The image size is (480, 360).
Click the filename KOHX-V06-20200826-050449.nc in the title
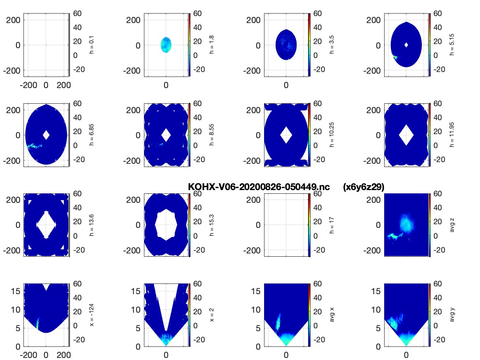259,187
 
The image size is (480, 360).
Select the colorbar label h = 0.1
92,45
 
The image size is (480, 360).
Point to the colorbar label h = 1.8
211,45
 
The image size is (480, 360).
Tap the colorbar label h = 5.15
452,45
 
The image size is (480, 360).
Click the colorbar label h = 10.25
332,135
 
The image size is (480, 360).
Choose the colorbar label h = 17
332,225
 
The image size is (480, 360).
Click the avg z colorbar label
452,225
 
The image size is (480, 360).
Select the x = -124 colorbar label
92,315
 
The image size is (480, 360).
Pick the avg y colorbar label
452,315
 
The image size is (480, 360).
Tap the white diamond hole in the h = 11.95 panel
406,135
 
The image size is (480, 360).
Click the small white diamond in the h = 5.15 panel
406,45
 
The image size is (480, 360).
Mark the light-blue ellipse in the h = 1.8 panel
166,45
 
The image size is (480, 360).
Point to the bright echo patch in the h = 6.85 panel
34,146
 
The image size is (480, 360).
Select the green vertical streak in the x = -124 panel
38,323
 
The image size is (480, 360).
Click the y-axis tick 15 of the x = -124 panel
16,291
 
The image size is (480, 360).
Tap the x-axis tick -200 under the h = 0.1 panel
28,85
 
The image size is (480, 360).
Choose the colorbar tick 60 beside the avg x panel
318,284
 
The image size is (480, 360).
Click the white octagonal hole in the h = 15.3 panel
166,225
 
